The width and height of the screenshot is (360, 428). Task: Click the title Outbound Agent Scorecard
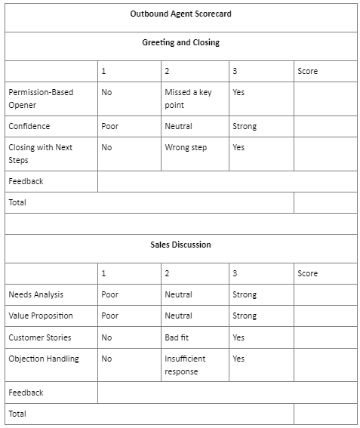coord(180,14)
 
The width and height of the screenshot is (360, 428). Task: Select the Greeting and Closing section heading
coord(180,42)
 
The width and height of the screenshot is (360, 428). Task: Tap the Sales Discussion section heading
coord(180,245)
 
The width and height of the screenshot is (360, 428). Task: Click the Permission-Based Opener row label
coord(41,98)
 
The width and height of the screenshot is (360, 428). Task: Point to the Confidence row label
coord(29,126)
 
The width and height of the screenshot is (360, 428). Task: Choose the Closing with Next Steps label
coord(41,153)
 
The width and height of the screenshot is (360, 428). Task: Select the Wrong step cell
coord(185,147)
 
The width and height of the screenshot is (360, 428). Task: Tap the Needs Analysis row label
coord(35,294)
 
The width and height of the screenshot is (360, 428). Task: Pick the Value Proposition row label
coord(40,316)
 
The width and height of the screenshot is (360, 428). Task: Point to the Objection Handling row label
coord(43,359)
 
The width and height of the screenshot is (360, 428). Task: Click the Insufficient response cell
coord(184,365)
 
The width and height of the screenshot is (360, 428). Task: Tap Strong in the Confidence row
coord(244,126)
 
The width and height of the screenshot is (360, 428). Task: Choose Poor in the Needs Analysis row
coord(109,294)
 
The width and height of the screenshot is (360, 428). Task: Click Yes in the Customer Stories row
coord(238,337)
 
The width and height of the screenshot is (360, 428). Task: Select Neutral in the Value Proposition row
coord(178,316)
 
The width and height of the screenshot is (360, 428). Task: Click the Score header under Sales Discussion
coord(307,273)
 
